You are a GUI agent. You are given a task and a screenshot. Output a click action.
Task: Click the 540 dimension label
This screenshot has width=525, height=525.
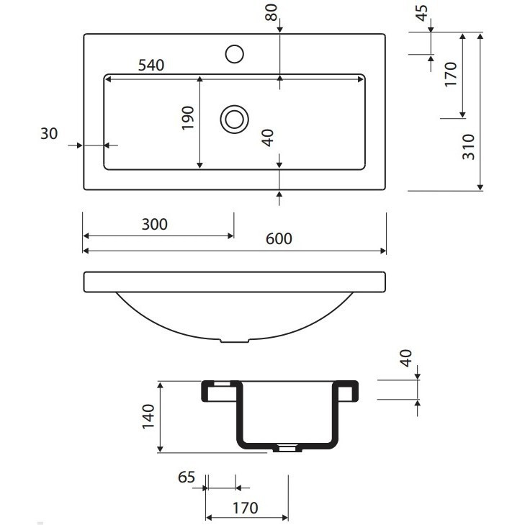151,65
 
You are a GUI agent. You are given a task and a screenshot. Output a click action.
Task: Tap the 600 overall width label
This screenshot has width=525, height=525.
279,238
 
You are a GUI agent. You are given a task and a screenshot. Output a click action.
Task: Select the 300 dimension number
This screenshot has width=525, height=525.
155,224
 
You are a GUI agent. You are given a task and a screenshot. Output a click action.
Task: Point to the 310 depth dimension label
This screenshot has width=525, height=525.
469,147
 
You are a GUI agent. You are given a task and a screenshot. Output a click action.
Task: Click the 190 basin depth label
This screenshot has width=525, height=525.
187,118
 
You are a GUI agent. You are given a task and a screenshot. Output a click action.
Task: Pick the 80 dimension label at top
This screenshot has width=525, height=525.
272,12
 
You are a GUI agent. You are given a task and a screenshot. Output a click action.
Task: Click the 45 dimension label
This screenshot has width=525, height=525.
422,13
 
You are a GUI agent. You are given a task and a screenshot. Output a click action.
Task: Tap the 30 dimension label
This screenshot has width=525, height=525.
49,134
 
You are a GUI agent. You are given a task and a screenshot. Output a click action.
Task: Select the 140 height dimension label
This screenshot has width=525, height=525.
148,416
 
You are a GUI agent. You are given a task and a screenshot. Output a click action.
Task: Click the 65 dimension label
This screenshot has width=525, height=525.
187,477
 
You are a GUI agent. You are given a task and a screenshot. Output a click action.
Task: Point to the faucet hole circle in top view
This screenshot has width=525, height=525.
234,54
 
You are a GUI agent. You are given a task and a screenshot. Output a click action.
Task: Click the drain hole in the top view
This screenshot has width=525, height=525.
234,120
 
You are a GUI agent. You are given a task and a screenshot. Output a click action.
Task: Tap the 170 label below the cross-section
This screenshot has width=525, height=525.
246,508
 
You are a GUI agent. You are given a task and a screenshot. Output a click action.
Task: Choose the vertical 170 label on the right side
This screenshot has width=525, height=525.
451,74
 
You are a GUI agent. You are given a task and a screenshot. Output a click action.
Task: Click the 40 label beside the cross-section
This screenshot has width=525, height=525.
406,358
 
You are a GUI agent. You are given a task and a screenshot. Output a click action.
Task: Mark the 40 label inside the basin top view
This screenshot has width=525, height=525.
268,138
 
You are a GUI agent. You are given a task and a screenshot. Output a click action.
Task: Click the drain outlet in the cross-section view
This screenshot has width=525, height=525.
287,448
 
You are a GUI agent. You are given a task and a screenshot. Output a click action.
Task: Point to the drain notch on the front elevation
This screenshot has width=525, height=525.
234,341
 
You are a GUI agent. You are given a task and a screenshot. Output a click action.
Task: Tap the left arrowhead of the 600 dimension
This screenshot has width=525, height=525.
86,251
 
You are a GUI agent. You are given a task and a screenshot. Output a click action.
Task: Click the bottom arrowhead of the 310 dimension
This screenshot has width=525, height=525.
480,187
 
